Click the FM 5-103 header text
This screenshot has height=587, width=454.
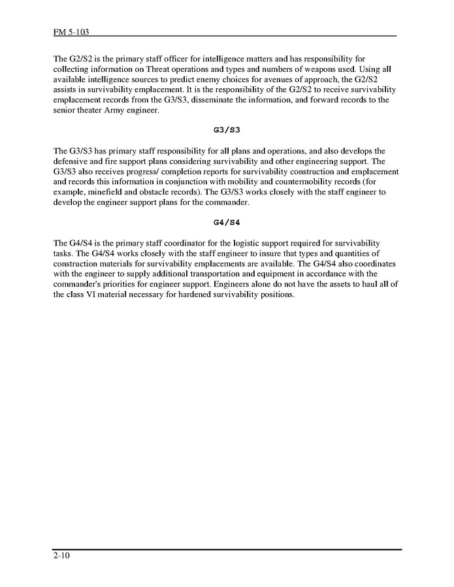pos(67,31)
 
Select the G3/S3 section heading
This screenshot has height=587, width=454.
pos(227,129)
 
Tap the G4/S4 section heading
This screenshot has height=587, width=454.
pos(227,221)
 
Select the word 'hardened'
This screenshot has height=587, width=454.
pos(203,294)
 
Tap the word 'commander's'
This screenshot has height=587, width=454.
pos(79,284)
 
